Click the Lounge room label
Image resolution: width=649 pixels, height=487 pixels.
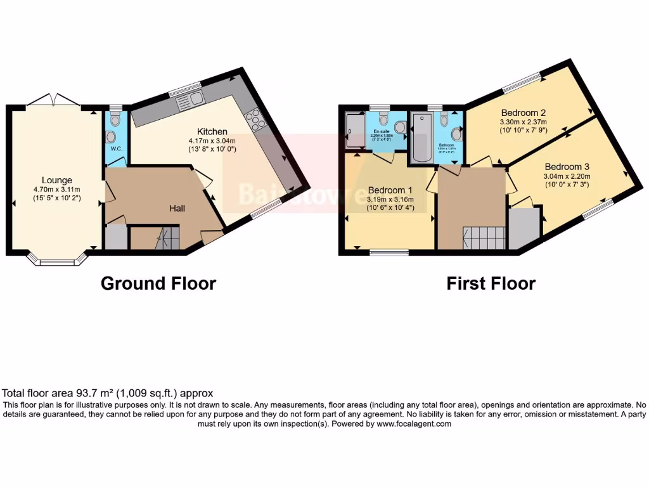[57, 180]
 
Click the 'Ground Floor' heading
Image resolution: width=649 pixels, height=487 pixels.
[158, 283]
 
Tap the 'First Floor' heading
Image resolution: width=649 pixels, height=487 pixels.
[491, 283]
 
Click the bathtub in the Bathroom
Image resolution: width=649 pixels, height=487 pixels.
[421, 137]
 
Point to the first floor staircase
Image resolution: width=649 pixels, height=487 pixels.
[484, 238]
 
